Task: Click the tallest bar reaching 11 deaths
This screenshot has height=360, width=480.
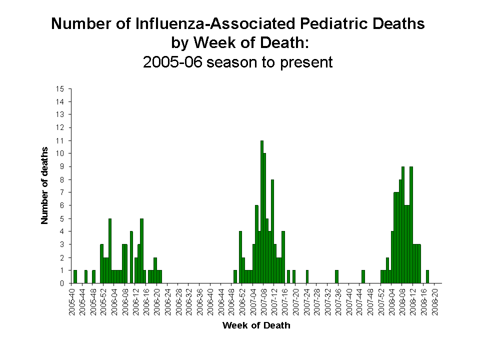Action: point(262,212)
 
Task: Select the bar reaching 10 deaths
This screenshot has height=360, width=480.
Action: point(264,218)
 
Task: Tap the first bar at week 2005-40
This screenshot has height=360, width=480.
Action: point(75,276)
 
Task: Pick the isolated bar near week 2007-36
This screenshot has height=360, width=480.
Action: point(336,276)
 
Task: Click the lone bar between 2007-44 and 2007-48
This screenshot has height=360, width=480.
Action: point(363,276)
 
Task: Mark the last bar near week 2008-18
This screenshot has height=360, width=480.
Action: point(427,276)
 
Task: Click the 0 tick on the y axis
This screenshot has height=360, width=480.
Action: point(62,283)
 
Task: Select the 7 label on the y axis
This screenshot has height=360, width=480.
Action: point(62,192)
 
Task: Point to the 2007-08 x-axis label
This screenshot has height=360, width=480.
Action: point(264,301)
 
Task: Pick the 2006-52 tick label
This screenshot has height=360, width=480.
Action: point(242,301)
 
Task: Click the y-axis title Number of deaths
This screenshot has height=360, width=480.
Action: point(45,185)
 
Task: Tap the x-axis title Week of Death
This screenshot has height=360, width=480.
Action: point(256,325)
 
